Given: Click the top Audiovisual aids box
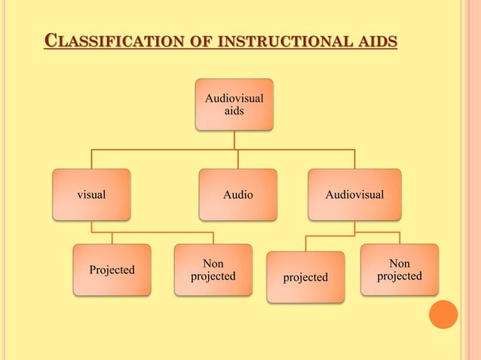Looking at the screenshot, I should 234,105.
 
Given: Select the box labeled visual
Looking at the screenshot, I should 91,194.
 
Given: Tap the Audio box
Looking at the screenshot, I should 237,194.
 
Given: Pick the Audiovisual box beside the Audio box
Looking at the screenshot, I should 354,194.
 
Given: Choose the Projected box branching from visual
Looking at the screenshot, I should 112,270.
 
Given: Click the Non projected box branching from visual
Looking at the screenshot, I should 213,270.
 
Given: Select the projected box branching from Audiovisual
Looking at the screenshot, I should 305,277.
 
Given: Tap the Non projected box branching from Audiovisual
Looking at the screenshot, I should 399,270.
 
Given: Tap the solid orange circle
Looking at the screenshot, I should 443,314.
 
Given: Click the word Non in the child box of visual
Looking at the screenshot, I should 213,264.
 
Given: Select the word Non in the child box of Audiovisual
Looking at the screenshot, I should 400,264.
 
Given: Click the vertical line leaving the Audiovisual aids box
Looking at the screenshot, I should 234,139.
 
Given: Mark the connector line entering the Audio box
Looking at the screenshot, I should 237,159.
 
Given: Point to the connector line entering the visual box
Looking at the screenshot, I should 92,159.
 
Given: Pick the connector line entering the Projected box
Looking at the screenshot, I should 112,238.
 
